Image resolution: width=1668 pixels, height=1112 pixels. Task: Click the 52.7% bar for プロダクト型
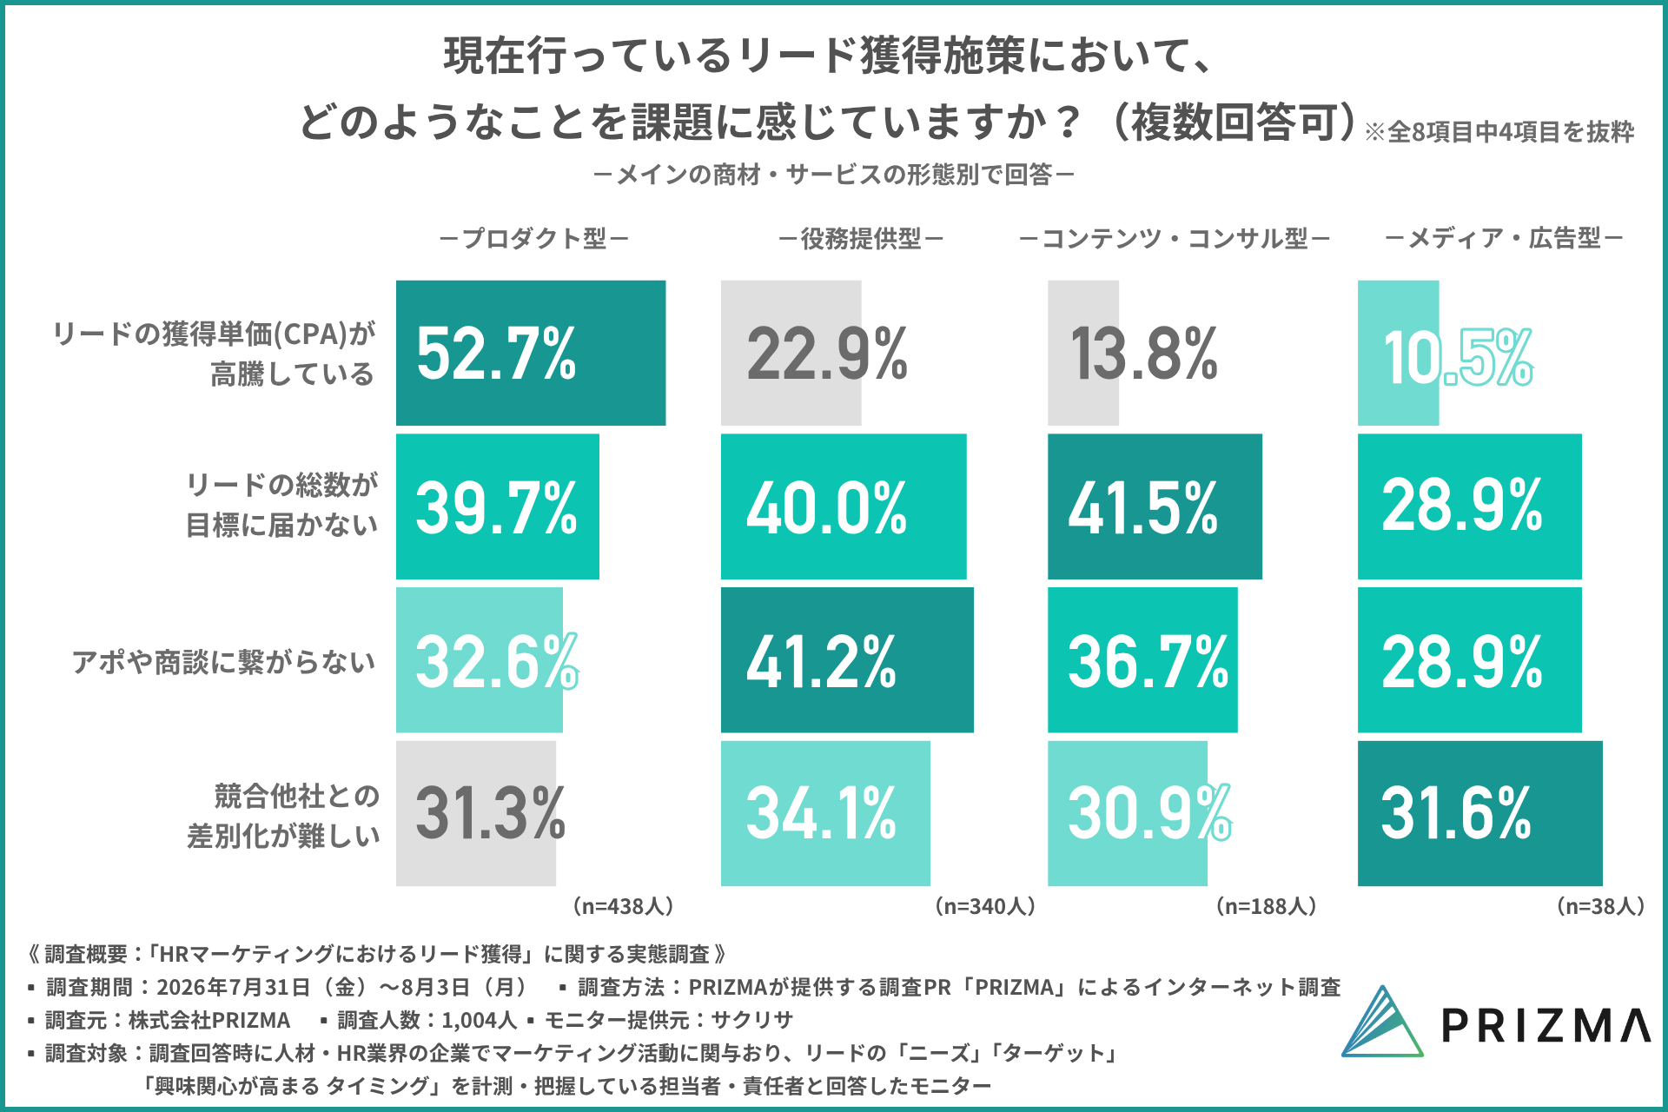pos(531,353)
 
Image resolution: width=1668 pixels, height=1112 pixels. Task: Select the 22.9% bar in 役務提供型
pos(791,353)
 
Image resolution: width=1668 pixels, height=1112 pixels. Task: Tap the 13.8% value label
pos(1144,354)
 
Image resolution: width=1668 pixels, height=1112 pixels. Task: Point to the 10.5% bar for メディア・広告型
pos(1399,353)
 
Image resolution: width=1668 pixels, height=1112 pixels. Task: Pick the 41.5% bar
pos(1155,506)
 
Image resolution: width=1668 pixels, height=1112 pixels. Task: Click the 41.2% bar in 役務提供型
pos(847,660)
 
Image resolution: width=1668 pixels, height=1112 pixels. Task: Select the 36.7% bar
pos(1142,660)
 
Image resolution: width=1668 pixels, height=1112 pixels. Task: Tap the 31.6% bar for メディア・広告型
pos(1480,813)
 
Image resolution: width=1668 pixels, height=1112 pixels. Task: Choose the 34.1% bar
pos(825,813)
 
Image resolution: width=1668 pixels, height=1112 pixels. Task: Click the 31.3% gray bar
pos(476,813)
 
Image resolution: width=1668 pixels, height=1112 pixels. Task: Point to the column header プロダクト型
pos(534,238)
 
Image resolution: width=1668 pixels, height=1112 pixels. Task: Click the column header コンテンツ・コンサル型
pos(1175,238)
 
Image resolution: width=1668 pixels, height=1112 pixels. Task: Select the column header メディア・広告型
pos(1504,238)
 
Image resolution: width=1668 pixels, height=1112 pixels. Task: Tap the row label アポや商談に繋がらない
pos(224,662)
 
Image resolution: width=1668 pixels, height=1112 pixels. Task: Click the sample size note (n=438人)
pos(623,906)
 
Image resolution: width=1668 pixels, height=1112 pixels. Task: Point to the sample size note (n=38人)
pos(1600,906)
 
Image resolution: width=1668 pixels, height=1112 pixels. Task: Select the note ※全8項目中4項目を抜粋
pos(1499,132)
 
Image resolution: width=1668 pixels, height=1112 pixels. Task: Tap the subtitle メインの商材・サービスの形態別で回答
pos(834,175)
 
